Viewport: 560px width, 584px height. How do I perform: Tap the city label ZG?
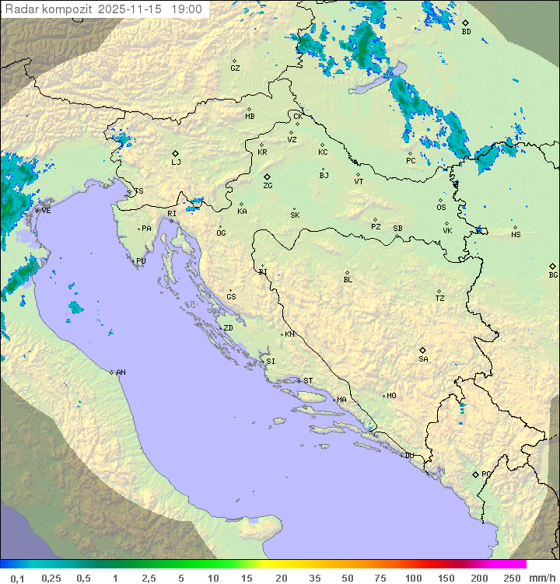coord(268,187)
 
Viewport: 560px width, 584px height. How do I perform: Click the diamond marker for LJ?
coord(176,153)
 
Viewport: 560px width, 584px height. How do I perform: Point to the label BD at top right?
coord(466,32)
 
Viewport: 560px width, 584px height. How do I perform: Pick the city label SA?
coord(423,359)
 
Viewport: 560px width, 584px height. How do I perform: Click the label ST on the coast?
coord(308,381)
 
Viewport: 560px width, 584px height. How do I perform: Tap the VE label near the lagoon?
coord(46,211)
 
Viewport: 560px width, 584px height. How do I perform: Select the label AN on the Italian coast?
coord(121,372)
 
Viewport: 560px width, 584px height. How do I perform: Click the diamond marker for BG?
coord(552,266)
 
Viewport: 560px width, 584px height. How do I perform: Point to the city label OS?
coord(441,208)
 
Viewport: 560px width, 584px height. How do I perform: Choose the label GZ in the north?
coord(235,68)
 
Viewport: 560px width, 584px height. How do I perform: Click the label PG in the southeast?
coord(486,474)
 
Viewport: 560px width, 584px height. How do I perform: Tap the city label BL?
coord(348,280)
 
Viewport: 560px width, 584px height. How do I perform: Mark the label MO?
coord(391,396)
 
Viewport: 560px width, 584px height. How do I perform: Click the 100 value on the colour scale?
coord(414,578)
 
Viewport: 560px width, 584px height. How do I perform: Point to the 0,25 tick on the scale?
coord(51,578)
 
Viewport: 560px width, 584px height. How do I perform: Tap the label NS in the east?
coord(516,235)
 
